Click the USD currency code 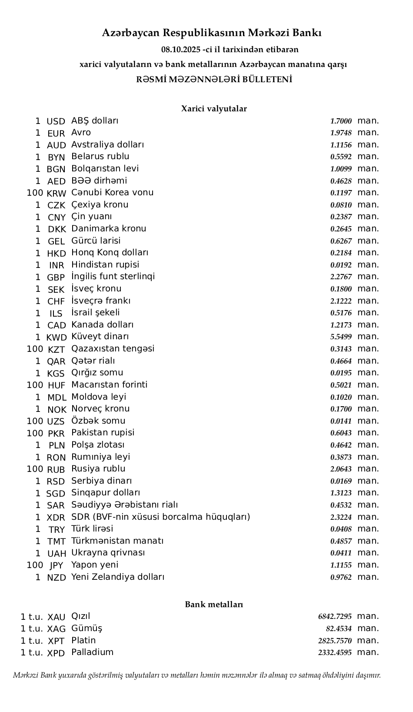(x=56, y=121)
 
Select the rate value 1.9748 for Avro (x=341, y=133)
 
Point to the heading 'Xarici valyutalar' (x=214, y=109)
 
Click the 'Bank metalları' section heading (x=214, y=605)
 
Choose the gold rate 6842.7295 (x=335, y=616)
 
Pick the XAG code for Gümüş (x=57, y=629)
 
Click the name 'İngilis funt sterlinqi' (x=113, y=277)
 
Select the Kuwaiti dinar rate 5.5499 (x=341, y=337)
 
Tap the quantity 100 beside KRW (x=35, y=193)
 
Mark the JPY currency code (x=57, y=565)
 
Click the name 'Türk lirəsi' (x=92, y=529)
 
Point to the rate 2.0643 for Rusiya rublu (x=341, y=469)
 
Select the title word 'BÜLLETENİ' (x=267, y=80)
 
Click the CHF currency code (x=56, y=301)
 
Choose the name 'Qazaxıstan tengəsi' (x=113, y=349)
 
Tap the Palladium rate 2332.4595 (x=335, y=652)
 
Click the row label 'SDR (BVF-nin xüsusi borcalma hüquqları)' (x=161, y=517)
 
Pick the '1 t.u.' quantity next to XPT (x=32, y=641)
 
